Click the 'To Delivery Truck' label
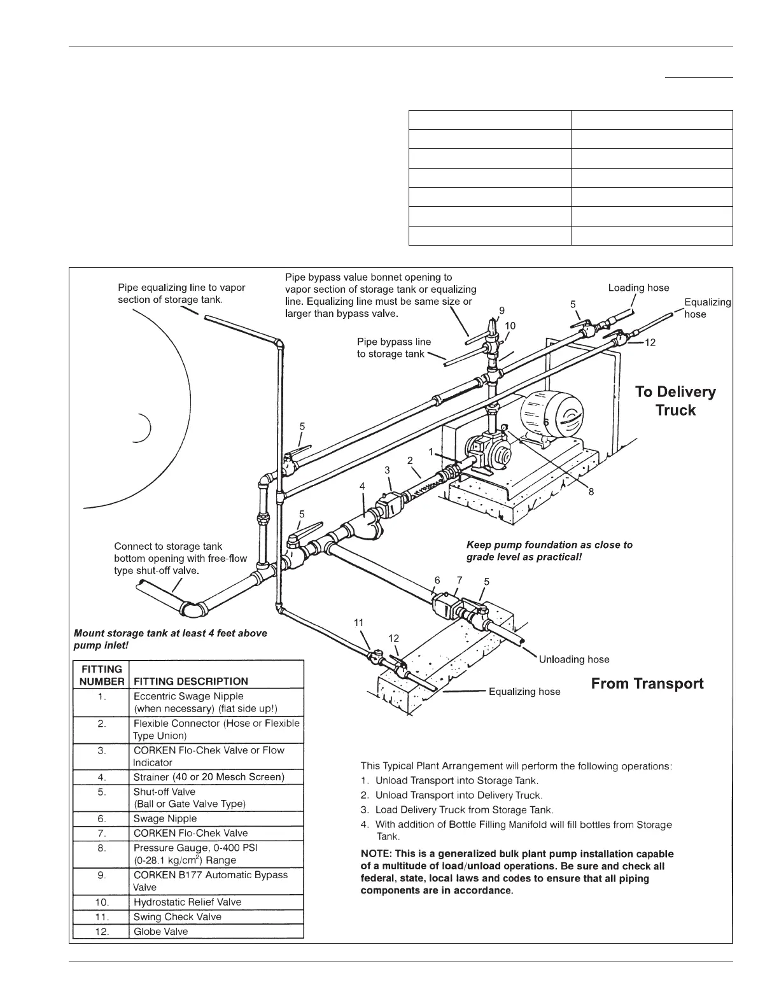click(675, 401)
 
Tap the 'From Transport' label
click(647, 684)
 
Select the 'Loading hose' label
click(638, 288)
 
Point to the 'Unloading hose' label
click(573, 659)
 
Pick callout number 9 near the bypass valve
click(502, 310)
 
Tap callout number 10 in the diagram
click(510, 326)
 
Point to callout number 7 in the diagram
click(460, 580)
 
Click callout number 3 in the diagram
click(387, 470)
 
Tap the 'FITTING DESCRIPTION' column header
click(190, 681)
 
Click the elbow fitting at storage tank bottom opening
click(192, 608)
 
